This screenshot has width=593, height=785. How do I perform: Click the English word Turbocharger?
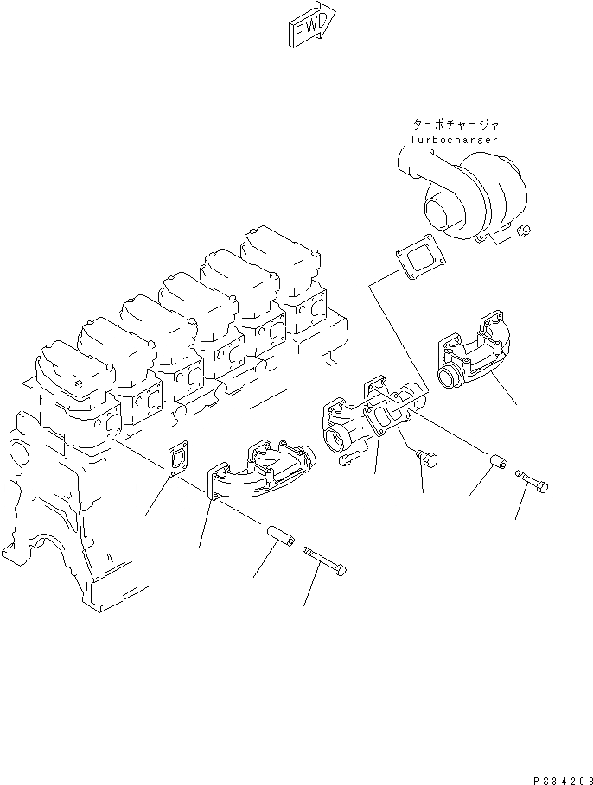(x=453, y=139)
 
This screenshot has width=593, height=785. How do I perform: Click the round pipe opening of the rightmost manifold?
(x=450, y=377)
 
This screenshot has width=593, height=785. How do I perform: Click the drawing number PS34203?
(x=558, y=777)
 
